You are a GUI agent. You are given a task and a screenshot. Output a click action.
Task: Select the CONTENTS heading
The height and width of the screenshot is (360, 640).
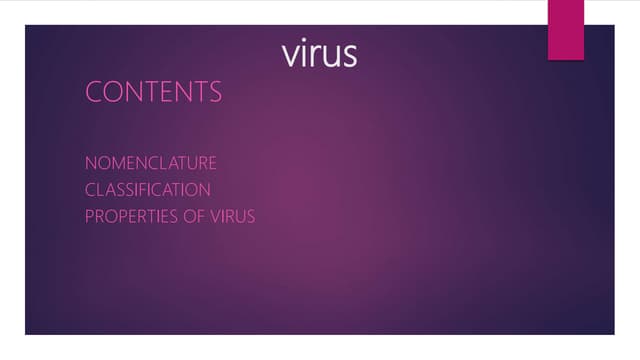pos(153,93)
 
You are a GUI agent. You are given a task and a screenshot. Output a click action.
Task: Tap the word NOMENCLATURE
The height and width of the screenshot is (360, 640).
pos(150,162)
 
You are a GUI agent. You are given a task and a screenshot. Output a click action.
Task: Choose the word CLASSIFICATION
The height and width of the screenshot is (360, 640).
pos(147,189)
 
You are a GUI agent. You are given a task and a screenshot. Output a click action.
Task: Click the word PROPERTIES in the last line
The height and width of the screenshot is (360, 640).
pos(127,215)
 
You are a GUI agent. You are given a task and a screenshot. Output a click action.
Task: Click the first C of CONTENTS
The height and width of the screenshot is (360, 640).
pos(94,93)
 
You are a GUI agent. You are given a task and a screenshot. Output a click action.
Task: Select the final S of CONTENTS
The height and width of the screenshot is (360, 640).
pos(214,93)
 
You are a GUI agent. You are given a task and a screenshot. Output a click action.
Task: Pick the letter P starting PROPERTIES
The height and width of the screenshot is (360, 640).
pos(90,215)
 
